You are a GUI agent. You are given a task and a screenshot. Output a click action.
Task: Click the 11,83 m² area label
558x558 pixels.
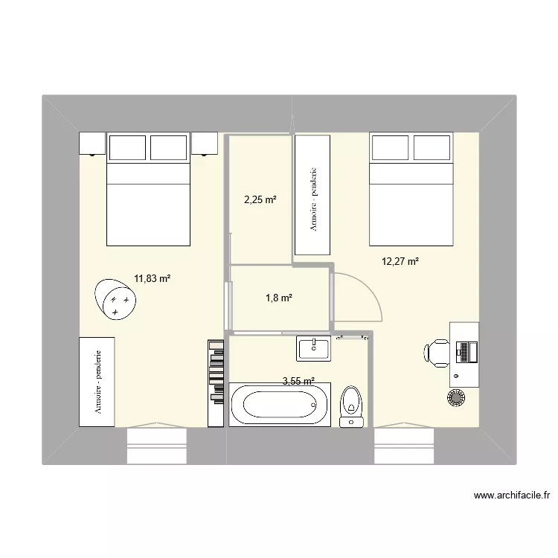tap(153, 279)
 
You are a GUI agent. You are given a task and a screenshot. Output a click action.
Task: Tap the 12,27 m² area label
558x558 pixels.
tap(400, 261)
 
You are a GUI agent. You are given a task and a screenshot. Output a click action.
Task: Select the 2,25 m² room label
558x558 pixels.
tap(260, 199)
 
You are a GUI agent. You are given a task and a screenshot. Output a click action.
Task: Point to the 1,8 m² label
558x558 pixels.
tap(278, 298)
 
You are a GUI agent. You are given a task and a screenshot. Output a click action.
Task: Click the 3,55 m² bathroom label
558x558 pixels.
tap(298, 382)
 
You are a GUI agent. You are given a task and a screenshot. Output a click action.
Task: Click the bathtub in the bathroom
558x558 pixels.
tap(279, 404)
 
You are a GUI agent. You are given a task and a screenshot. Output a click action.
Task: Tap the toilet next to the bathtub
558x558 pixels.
tap(350, 406)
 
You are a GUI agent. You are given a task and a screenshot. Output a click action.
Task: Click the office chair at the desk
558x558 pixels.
tap(438, 350)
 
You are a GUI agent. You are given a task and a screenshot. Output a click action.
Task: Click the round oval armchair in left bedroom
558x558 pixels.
tap(116, 299)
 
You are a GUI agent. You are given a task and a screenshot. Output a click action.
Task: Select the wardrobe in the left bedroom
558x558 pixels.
tap(97, 382)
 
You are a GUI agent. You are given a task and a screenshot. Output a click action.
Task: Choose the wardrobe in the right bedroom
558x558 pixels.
tap(313, 194)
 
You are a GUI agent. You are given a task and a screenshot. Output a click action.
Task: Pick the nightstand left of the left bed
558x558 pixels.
tap(92, 144)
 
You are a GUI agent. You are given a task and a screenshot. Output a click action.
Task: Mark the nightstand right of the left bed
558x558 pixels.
tap(204, 144)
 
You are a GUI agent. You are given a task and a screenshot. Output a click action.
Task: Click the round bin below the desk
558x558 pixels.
tap(458, 397)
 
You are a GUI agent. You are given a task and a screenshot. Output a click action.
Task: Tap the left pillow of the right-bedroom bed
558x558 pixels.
tap(391, 148)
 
